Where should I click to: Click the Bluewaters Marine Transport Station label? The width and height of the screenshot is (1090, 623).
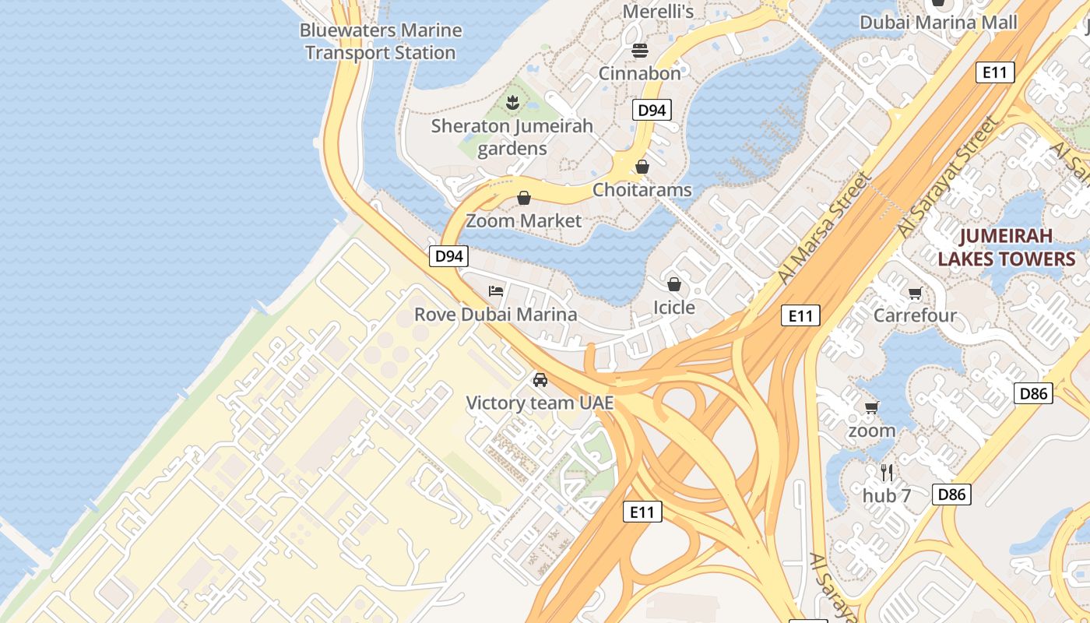(381, 41)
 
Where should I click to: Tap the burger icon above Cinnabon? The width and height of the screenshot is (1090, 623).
(640, 51)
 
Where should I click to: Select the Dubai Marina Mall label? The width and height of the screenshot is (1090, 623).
(938, 22)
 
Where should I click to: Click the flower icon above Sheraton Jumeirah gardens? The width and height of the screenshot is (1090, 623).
(512, 102)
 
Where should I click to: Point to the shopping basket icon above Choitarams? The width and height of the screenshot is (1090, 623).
(642, 167)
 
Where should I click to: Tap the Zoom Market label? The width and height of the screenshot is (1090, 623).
(523, 220)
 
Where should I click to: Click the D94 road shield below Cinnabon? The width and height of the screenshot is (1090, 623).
(652, 110)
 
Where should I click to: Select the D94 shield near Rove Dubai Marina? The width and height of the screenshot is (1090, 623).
(448, 255)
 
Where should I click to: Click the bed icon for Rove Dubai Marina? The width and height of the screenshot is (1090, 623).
(496, 291)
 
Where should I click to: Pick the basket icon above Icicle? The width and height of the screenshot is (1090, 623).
(674, 284)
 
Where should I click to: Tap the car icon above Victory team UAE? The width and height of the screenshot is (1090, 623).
(540, 380)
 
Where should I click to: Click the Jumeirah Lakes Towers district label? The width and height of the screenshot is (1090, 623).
(1006, 247)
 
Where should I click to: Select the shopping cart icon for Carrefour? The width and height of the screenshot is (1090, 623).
(915, 294)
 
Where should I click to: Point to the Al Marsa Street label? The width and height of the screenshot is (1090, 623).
(825, 227)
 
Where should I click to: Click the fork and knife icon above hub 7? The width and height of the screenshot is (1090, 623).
(886, 472)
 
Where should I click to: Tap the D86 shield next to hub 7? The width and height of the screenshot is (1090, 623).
(951, 494)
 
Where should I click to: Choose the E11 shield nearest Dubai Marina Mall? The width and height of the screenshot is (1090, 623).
(995, 72)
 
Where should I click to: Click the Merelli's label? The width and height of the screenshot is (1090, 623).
(658, 11)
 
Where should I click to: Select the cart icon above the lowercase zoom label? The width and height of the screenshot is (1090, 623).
(872, 407)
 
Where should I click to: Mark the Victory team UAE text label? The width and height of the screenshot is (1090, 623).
(540, 403)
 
